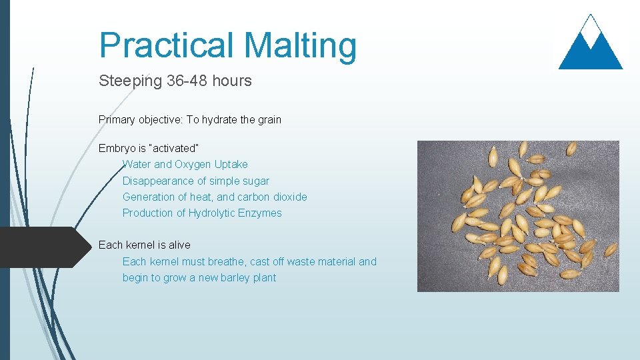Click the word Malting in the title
[x=300, y=45]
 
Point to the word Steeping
[x=130, y=81]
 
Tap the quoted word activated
[x=175, y=147]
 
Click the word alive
[x=175, y=245]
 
